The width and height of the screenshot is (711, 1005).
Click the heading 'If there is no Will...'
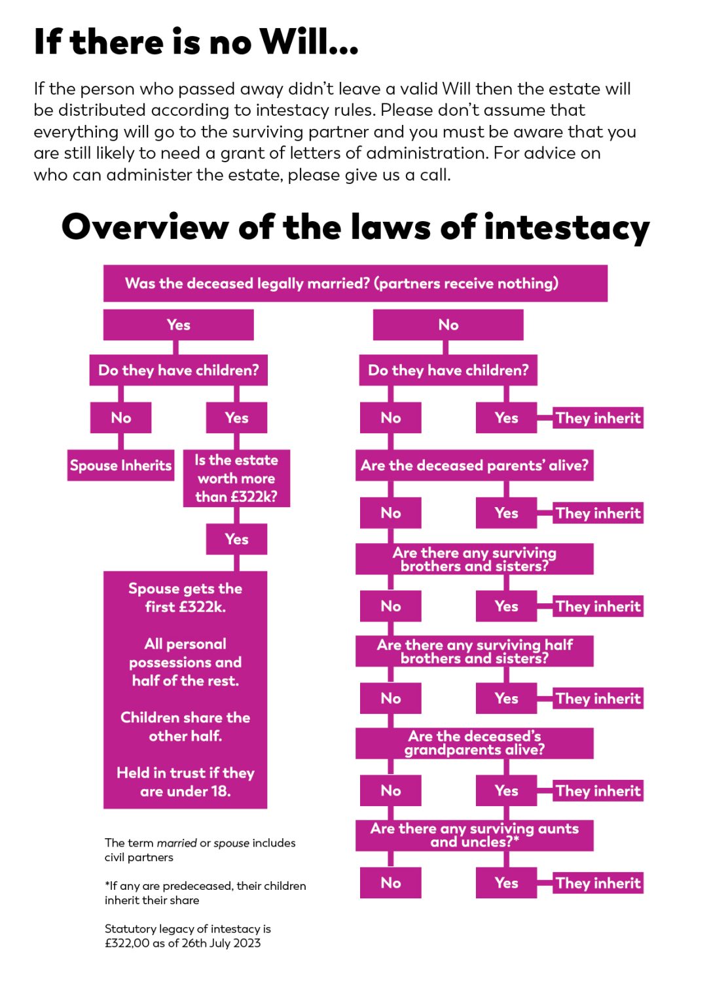pos(196,42)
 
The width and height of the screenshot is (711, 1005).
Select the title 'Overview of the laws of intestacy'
pos(355,228)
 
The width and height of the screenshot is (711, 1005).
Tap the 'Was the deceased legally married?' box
pos(355,283)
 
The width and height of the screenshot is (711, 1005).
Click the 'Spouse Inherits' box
pos(120,465)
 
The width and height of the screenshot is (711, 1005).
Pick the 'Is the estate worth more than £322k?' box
pos(236,478)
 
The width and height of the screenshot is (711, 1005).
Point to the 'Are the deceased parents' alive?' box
pos(474,465)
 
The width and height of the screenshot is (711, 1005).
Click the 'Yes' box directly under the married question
pos(178,325)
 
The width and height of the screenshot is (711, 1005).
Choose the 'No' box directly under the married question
pos(448,325)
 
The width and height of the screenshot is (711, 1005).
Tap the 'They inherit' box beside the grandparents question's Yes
pos(598,791)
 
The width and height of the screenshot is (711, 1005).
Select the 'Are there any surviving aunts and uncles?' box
pos(474,836)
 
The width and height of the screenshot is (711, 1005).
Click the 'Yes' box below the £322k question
pos(236,539)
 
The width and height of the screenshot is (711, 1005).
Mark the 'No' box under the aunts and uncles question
pos(391,883)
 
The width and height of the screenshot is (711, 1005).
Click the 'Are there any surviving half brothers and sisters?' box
pos(474,652)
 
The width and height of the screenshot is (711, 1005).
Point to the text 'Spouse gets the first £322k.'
pos(185,597)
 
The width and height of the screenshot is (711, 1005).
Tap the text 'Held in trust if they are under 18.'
pos(185,782)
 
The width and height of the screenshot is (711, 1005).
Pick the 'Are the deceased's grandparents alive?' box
pos(474,743)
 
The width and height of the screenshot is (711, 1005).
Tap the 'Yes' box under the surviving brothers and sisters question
pos(506,607)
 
